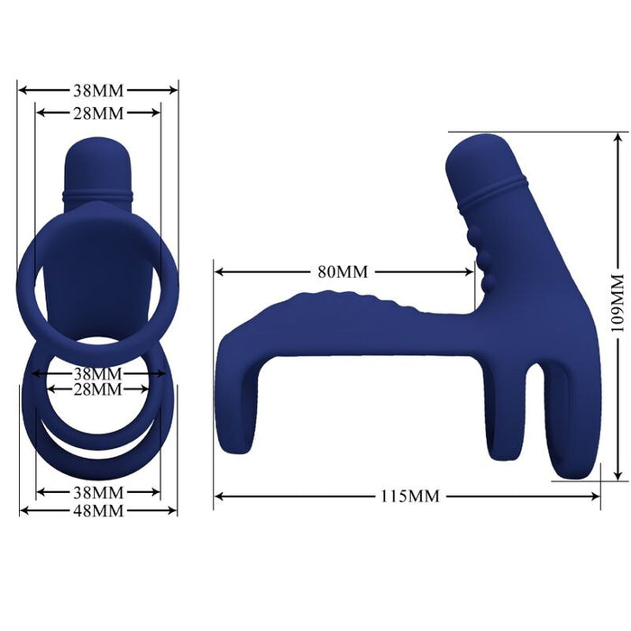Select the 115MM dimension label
[x=407, y=495]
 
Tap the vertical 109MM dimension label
[x=617, y=303]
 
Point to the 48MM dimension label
[x=97, y=511]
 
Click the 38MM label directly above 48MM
[x=97, y=493]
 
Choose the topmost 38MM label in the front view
[x=97, y=90]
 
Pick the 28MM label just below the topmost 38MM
[x=97, y=113]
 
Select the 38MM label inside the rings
[x=97, y=373]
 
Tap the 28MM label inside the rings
[x=97, y=389]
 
